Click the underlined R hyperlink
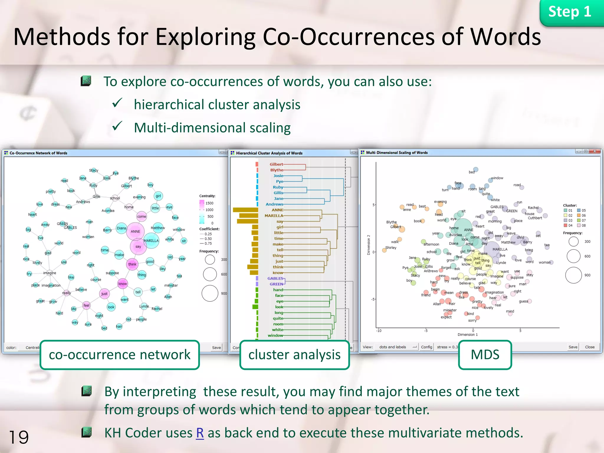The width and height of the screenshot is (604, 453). click(200, 433)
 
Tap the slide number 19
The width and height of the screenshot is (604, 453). click(19, 437)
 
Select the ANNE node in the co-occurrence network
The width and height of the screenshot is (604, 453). click(135, 231)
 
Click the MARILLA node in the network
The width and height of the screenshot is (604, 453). click(151, 241)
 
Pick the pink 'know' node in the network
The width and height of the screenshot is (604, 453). click(122, 284)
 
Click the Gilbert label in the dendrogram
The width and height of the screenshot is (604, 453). click(276, 164)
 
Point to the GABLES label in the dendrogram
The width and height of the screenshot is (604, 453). click(275, 278)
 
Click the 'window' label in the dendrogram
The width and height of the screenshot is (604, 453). click(275, 335)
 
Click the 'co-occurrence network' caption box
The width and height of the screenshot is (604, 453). click(120, 355)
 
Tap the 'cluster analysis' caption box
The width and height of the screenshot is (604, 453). click(294, 355)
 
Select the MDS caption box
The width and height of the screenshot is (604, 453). click(485, 355)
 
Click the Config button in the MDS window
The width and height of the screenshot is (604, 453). click(426, 347)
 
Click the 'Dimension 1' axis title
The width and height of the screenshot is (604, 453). click(467, 334)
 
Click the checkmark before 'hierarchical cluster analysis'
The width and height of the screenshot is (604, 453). click(117, 103)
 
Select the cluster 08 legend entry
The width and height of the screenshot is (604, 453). click(581, 225)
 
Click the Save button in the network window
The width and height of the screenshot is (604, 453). click(216, 347)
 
